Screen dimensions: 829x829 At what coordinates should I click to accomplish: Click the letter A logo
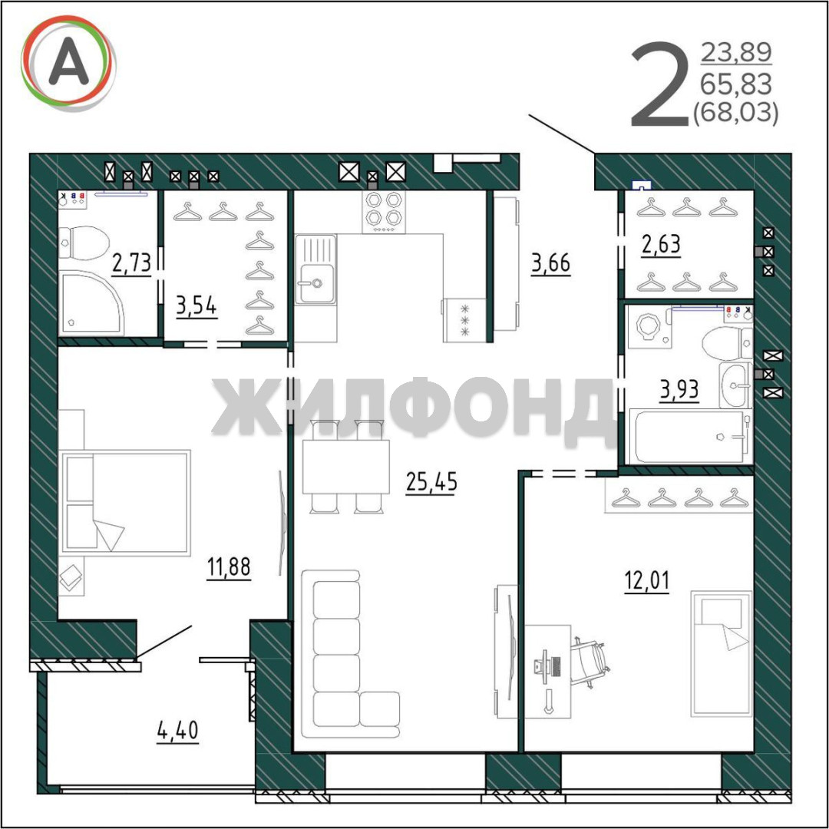(68, 63)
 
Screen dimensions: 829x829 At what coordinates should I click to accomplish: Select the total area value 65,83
(736, 84)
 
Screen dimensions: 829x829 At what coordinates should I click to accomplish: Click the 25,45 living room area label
(431, 481)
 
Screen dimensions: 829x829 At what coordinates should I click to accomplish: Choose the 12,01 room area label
(646, 580)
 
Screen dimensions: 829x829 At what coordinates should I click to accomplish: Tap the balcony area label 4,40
(177, 731)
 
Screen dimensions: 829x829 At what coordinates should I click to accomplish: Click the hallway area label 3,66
(551, 263)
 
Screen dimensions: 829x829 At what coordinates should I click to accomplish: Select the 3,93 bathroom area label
(679, 390)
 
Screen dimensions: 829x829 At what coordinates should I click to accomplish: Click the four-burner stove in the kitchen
(384, 212)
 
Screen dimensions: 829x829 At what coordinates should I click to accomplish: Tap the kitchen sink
(315, 269)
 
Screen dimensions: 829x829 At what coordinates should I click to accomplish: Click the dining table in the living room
(345, 467)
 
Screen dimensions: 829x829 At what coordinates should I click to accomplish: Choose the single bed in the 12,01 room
(721, 654)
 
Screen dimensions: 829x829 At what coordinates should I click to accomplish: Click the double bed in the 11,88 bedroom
(125, 503)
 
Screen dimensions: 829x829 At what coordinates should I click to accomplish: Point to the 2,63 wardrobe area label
(661, 245)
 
